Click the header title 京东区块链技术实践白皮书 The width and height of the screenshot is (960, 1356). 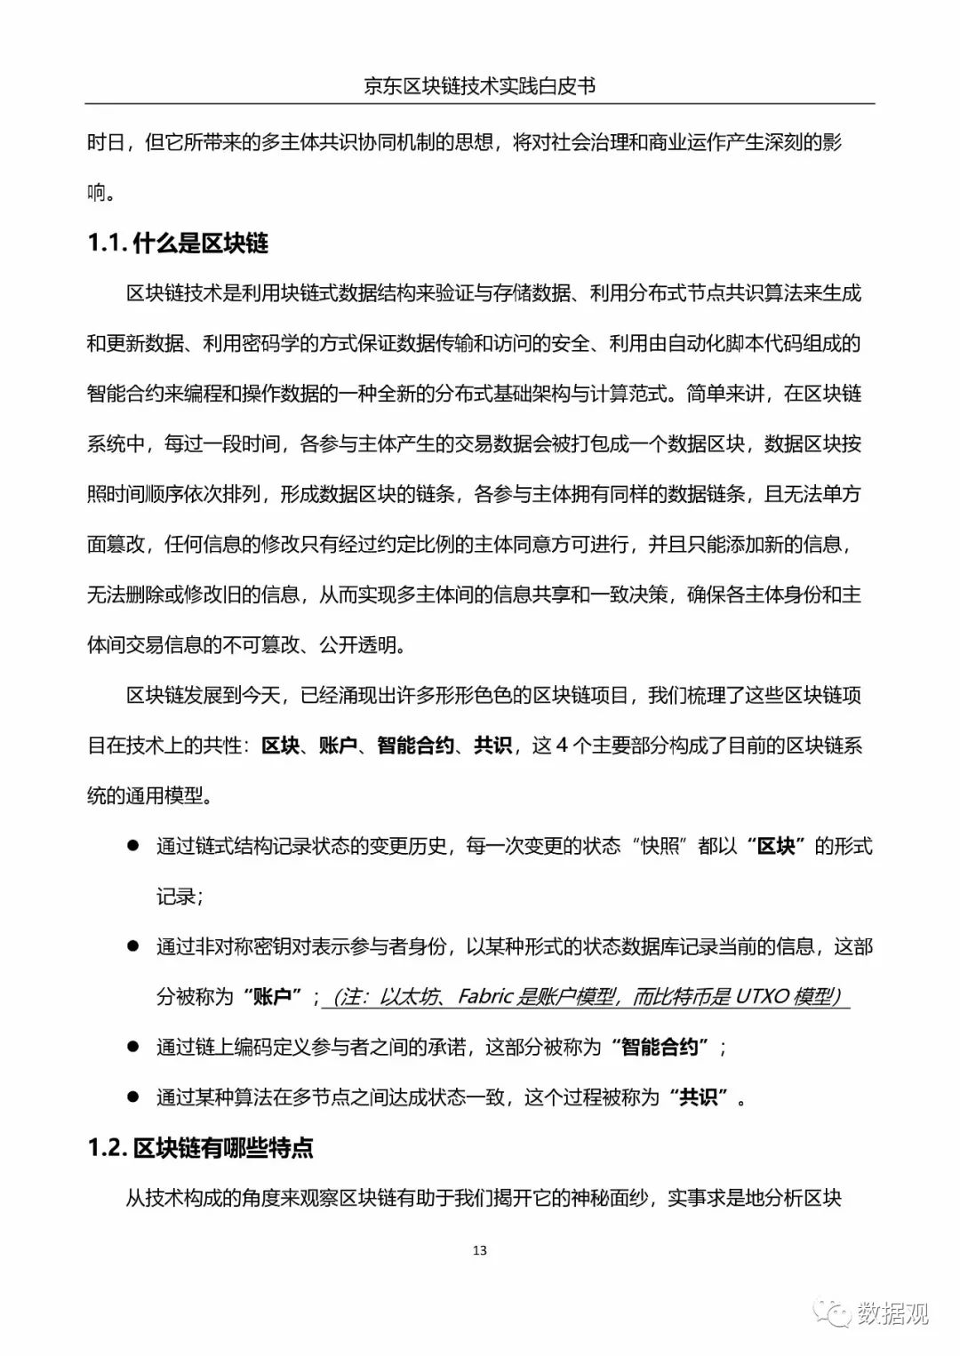pos(479,85)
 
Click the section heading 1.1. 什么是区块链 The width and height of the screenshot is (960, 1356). pos(178,243)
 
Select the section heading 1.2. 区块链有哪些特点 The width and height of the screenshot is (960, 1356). pos(200,1148)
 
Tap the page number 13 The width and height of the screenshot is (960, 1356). pos(480,1250)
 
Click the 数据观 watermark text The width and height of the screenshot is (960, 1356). pos(892,1312)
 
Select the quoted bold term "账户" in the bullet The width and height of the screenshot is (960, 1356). pos(272,996)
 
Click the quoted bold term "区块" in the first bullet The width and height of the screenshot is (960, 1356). pos(775,845)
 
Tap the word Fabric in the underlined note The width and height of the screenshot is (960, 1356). pos(485,996)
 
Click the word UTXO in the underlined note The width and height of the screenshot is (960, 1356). pos(762,996)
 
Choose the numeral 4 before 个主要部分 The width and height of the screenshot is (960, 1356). pos(561,745)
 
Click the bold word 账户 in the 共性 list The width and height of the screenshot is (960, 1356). pos(338,745)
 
